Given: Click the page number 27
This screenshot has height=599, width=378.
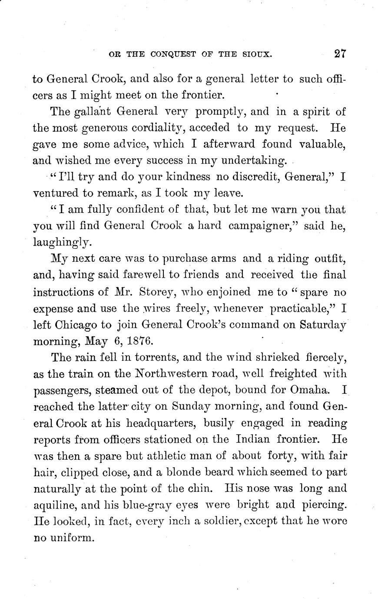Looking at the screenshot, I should (x=340, y=54).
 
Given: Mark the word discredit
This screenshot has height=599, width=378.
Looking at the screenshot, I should (x=248, y=177).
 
